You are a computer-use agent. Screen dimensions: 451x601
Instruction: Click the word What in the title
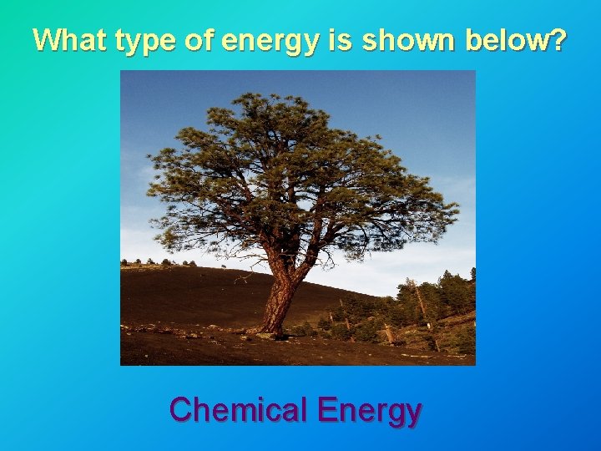(70, 39)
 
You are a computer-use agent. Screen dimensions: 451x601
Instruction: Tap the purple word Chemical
(239, 410)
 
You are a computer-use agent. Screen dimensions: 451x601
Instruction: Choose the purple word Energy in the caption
(370, 412)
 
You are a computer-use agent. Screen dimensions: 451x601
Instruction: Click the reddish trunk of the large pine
(280, 292)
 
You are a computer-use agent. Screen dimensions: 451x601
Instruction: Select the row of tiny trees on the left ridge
(159, 263)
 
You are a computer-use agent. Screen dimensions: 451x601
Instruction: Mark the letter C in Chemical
(181, 410)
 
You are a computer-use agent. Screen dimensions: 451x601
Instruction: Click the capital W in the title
(46, 39)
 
